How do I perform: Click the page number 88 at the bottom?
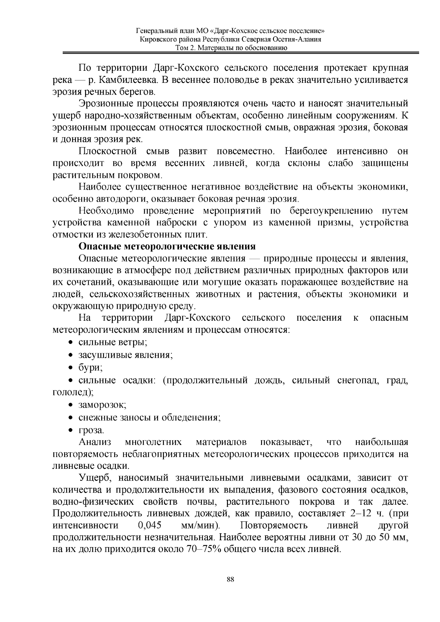pyautogui.click(x=230, y=579)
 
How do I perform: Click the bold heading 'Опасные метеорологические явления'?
pyautogui.click(x=167, y=246)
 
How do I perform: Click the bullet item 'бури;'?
pyautogui.click(x=90, y=367)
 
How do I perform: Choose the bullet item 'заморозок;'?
pyautogui.click(x=102, y=405)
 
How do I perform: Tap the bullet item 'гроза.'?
pyautogui.click(x=91, y=430)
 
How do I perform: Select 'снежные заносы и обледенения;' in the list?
pyautogui.click(x=149, y=417)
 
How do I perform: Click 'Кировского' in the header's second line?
pyautogui.click(x=158, y=40)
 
